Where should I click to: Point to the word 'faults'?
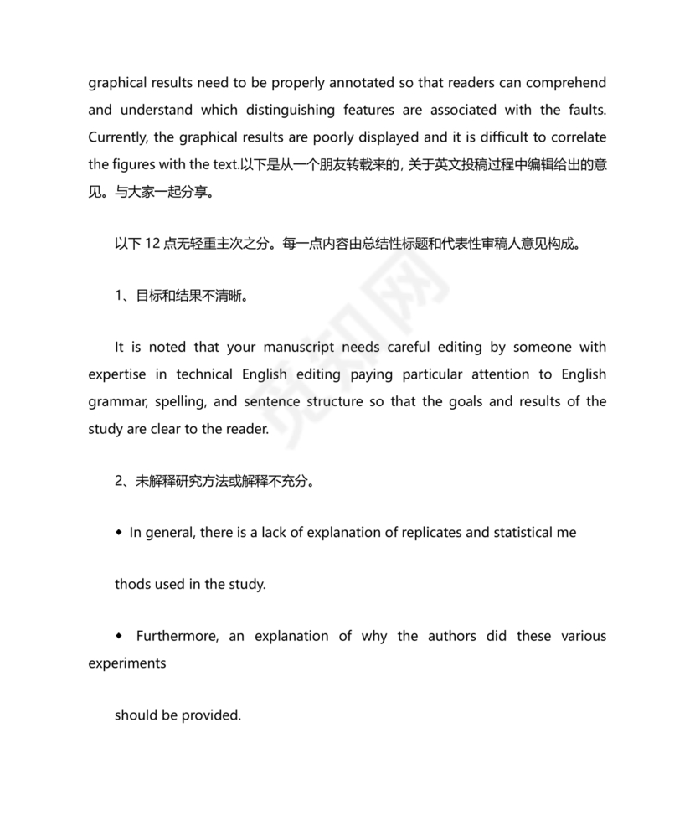[x=584, y=110]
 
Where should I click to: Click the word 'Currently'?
[x=120, y=137]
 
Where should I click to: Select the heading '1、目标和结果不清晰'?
[x=181, y=297]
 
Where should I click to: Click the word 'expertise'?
[x=120, y=374]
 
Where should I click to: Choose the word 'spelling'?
[x=178, y=401]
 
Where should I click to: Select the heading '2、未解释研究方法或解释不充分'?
[x=214, y=481]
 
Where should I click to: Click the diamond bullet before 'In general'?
[x=120, y=532]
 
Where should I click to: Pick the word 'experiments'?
[x=127, y=663]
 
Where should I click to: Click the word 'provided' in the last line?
[x=213, y=715]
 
